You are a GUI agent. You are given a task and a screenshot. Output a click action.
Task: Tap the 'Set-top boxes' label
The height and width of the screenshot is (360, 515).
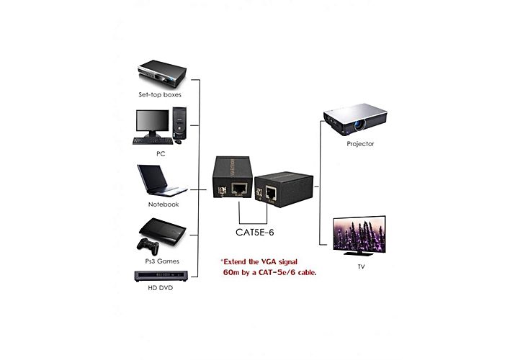[x=160, y=94]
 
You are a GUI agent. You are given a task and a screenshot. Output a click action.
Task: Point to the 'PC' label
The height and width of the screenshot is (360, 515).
[x=160, y=153]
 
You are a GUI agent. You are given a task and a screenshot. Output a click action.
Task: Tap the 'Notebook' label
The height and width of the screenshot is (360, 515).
[x=163, y=204]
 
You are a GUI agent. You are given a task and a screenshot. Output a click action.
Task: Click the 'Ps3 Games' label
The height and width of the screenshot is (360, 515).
[x=162, y=261]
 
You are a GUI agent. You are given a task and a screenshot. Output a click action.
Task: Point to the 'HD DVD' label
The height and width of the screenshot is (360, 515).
[x=160, y=289]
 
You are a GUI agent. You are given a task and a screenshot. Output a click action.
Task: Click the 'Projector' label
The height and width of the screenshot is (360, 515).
[x=360, y=144]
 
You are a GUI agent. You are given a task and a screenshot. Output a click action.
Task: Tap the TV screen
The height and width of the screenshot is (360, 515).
[x=359, y=235]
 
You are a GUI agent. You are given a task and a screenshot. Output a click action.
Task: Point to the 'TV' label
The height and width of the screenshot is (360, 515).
[x=362, y=266]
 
